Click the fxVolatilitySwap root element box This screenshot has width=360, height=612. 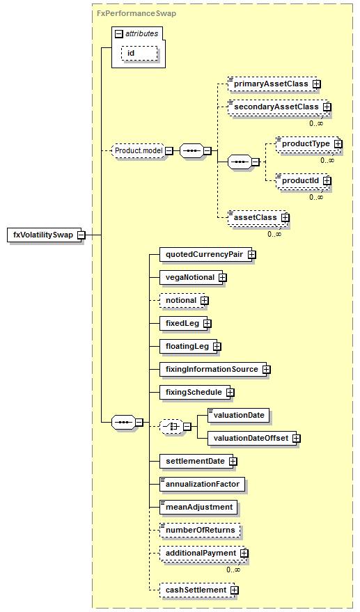coord(45,235)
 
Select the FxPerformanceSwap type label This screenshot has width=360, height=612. coord(136,13)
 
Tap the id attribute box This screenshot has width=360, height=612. coord(140,53)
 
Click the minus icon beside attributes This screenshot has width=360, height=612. coord(119,34)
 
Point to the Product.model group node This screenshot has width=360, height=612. coord(139,150)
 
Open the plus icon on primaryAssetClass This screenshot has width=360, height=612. coord(317,84)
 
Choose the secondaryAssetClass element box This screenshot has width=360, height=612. coord(278,107)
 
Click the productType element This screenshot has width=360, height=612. coord(306,143)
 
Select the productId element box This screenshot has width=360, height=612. coord(302,181)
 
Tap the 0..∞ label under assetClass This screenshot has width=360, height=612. coord(274,234)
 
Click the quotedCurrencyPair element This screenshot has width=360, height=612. coord(206,255)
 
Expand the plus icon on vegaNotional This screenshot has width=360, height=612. coord(223,278)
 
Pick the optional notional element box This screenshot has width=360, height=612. coord(182,301)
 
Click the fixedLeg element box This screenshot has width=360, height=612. coord(184,324)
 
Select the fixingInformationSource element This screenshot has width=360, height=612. coord(213,369)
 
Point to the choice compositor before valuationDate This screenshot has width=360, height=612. coord(171,427)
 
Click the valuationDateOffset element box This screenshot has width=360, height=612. coord(252,439)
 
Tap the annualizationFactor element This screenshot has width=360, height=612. coord(203,485)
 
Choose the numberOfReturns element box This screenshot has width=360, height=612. coord(200,531)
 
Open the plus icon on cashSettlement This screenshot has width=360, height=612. coord(234,590)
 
